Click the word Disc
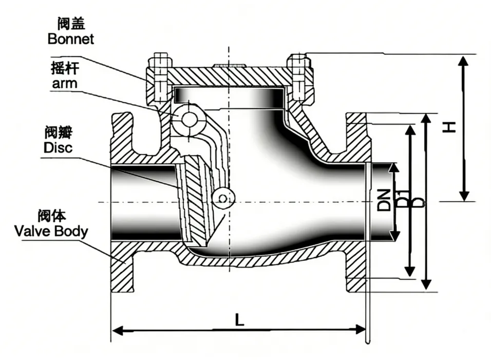point(58,148)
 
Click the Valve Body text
point(51,231)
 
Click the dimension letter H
point(450,126)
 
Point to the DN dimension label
point(384,199)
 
